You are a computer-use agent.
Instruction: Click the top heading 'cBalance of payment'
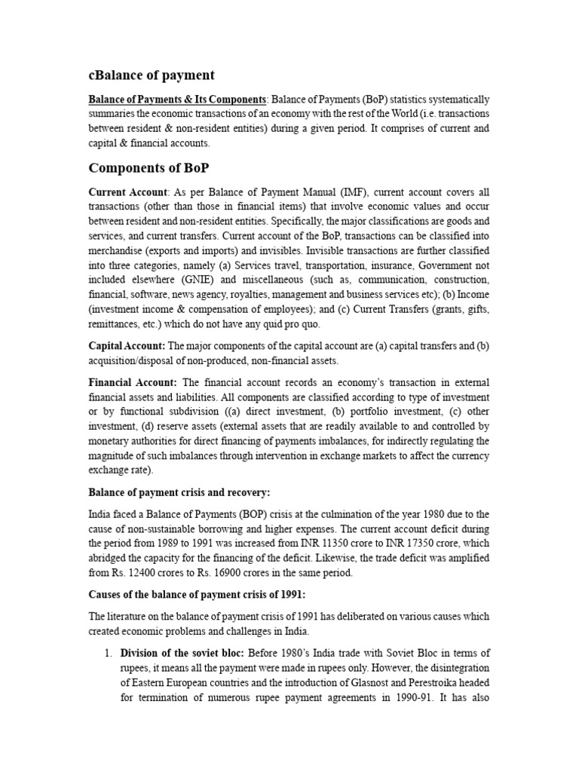(x=152, y=75)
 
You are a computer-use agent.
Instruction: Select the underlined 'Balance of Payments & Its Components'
(x=177, y=100)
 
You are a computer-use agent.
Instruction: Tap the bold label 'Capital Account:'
(x=127, y=346)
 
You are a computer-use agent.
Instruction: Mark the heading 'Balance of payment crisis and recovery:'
(x=179, y=492)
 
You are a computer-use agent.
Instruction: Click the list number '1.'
(x=109, y=653)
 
